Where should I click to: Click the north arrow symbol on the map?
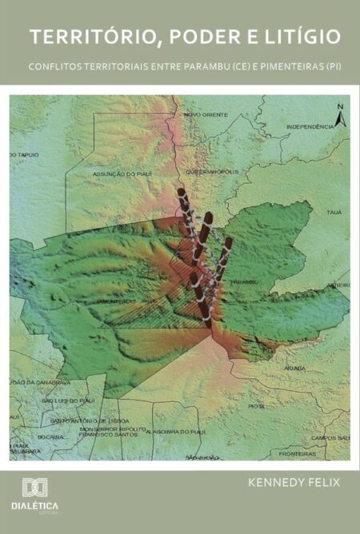341,117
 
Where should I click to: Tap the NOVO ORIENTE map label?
206,114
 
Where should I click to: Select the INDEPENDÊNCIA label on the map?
310,126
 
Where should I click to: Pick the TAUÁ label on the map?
334,212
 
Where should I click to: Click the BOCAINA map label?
50,437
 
